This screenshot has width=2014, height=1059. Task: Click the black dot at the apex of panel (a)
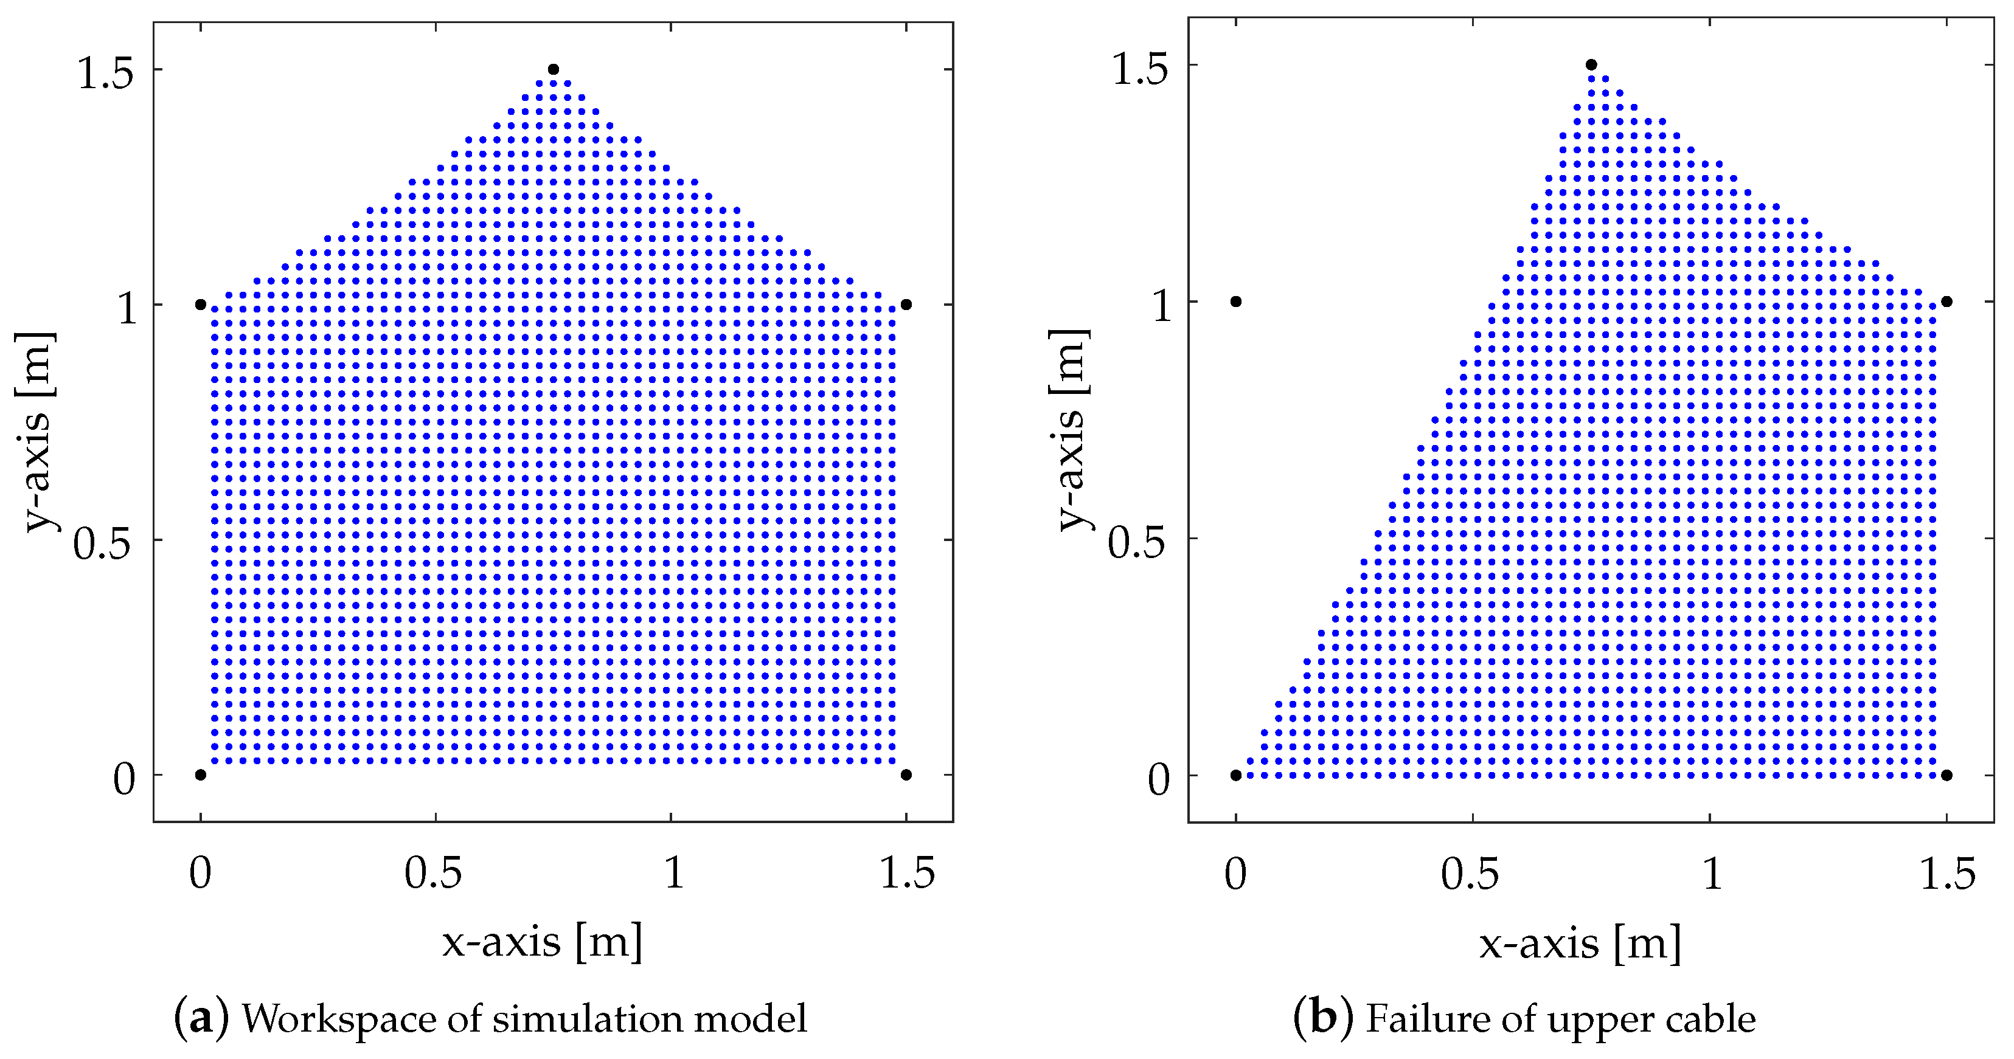coord(554,69)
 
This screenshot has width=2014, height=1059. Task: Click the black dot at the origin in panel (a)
coord(200,775)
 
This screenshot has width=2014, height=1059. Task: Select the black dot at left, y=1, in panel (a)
coord(200,305)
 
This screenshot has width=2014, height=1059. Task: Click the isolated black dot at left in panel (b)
coord(1236,302)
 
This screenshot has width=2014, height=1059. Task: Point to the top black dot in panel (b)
coord(1591,65)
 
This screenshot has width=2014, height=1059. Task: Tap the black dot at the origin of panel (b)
coord(1236,775)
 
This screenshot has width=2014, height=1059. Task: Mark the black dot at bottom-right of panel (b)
coord(1946,775)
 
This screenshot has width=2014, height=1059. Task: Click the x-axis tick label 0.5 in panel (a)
coord(434,873)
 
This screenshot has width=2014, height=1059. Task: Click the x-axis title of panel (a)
coord(543,942)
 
